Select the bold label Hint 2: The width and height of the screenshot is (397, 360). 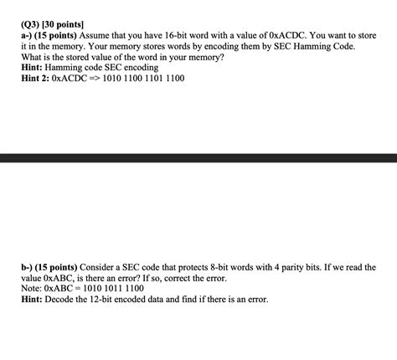click(33, 78)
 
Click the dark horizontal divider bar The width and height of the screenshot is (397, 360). click(198, 158)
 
